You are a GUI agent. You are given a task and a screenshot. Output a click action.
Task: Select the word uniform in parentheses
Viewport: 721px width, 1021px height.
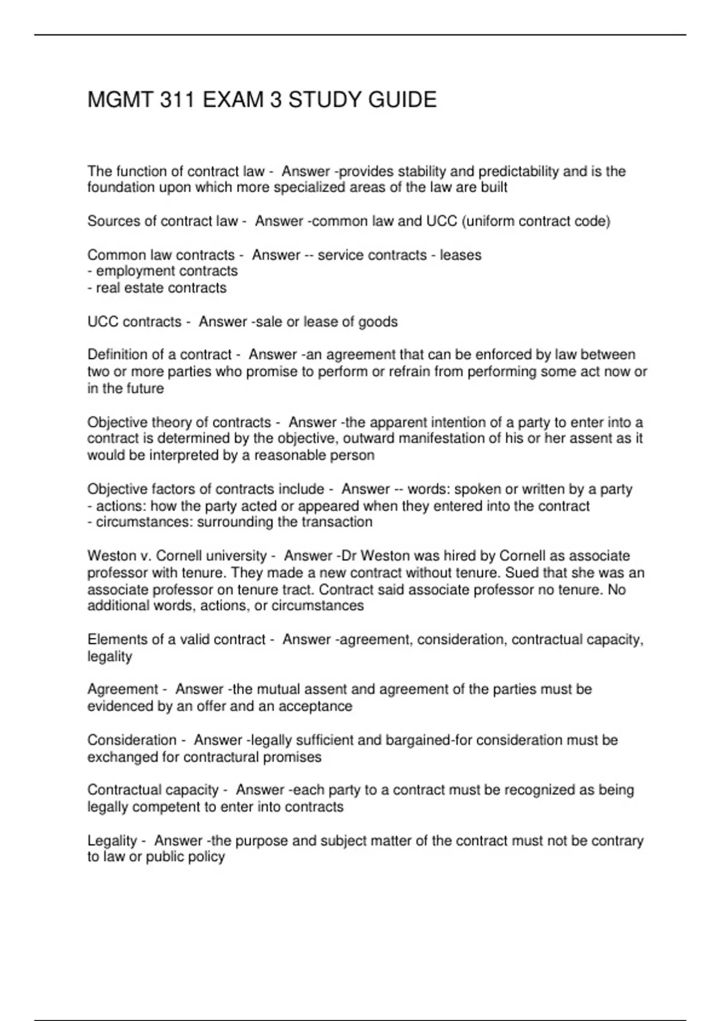click(490, 221)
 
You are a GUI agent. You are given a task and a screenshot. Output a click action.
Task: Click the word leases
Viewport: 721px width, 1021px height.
click(461, 255)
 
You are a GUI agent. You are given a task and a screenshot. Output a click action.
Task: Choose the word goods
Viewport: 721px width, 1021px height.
click(378, 322)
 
